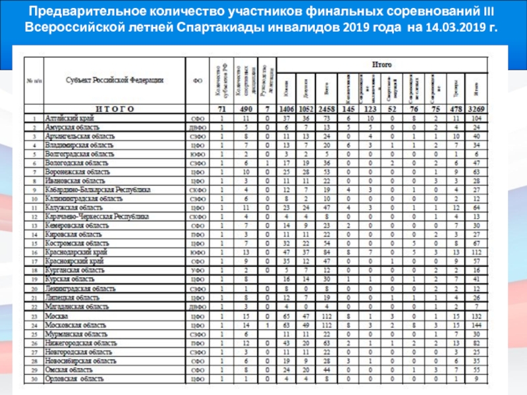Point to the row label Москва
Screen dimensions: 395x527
point(57,316)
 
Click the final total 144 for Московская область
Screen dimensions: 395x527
point(476,325)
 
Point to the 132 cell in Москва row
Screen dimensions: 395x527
point(476,316)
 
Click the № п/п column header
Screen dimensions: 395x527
point(33,80)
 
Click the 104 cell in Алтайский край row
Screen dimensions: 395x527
point(476,118)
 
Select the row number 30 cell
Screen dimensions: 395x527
point(33,379)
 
